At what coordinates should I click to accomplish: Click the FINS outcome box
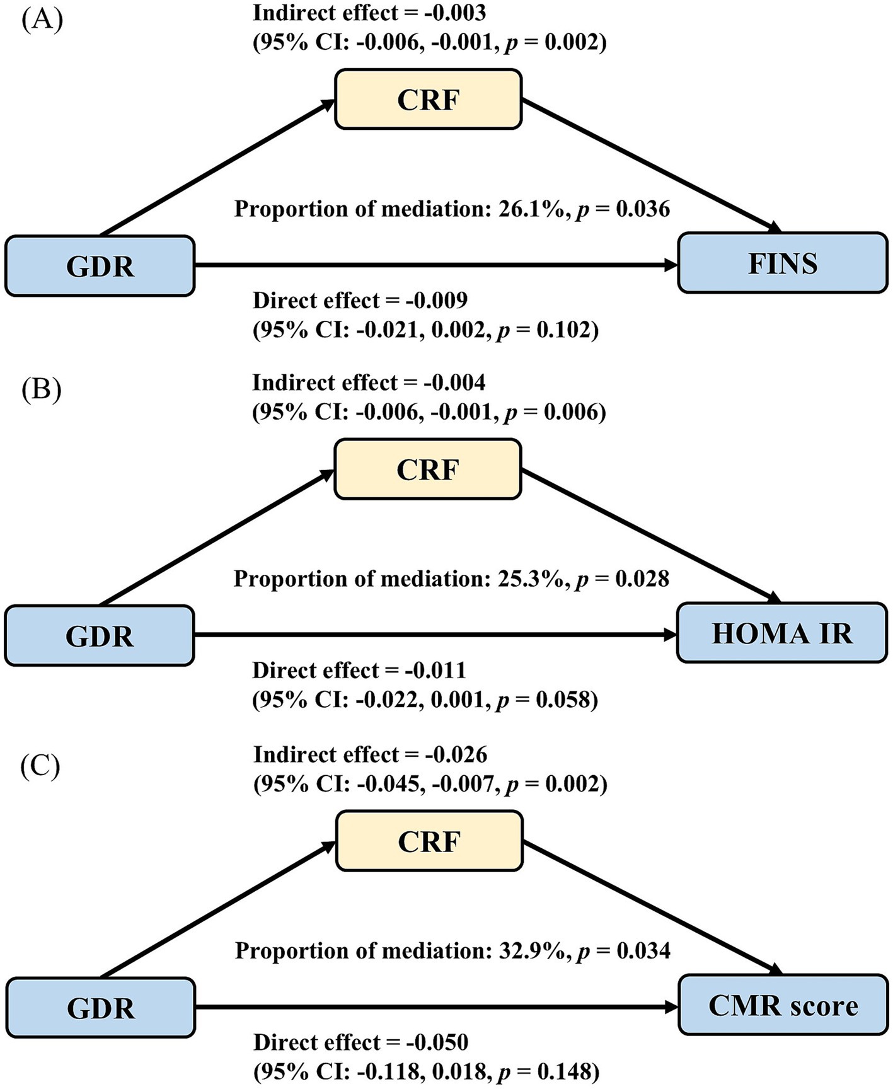coord(782,263)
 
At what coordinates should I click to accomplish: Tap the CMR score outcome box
coord(783,1005)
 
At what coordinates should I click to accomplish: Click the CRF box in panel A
coord(428,100)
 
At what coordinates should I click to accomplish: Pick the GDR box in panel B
coord(100,636)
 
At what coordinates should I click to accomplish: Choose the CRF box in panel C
coord(429,841)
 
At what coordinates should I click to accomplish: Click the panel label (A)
coord(42,20)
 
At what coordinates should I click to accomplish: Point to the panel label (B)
coord(42,390)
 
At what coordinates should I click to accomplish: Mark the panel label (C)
coord(40,767)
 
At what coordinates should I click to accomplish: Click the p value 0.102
coord(564,330)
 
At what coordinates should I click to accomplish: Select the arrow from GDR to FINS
coord(435,265)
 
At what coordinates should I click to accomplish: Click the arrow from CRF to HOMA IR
coord(649,536)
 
